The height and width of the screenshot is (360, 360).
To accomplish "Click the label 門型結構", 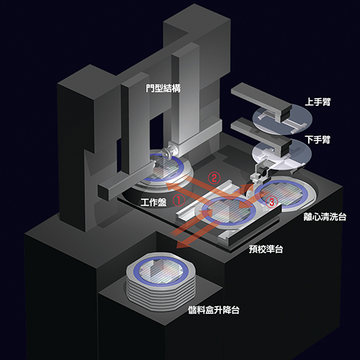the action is [163, 89].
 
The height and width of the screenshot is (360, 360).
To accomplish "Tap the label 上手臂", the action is [318, 102].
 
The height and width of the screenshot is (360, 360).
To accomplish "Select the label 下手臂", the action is [318, 140].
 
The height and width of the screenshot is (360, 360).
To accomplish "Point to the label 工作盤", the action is [153, 202].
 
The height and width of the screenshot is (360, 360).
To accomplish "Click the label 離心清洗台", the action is [325, 217].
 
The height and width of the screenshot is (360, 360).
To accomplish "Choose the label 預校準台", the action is [266, 249].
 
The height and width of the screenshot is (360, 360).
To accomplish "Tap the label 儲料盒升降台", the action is [214, 310].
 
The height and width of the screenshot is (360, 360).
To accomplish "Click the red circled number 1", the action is [179, 200].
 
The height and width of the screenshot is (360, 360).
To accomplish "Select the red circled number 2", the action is [214, 178].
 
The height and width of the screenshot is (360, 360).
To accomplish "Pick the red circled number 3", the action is [271, 202].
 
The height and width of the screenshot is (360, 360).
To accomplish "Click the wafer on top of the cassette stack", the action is [161, 271].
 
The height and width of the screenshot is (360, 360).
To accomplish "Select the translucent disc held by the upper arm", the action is [282, 119].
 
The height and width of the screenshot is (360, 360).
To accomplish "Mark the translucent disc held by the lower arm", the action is [282, 156].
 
